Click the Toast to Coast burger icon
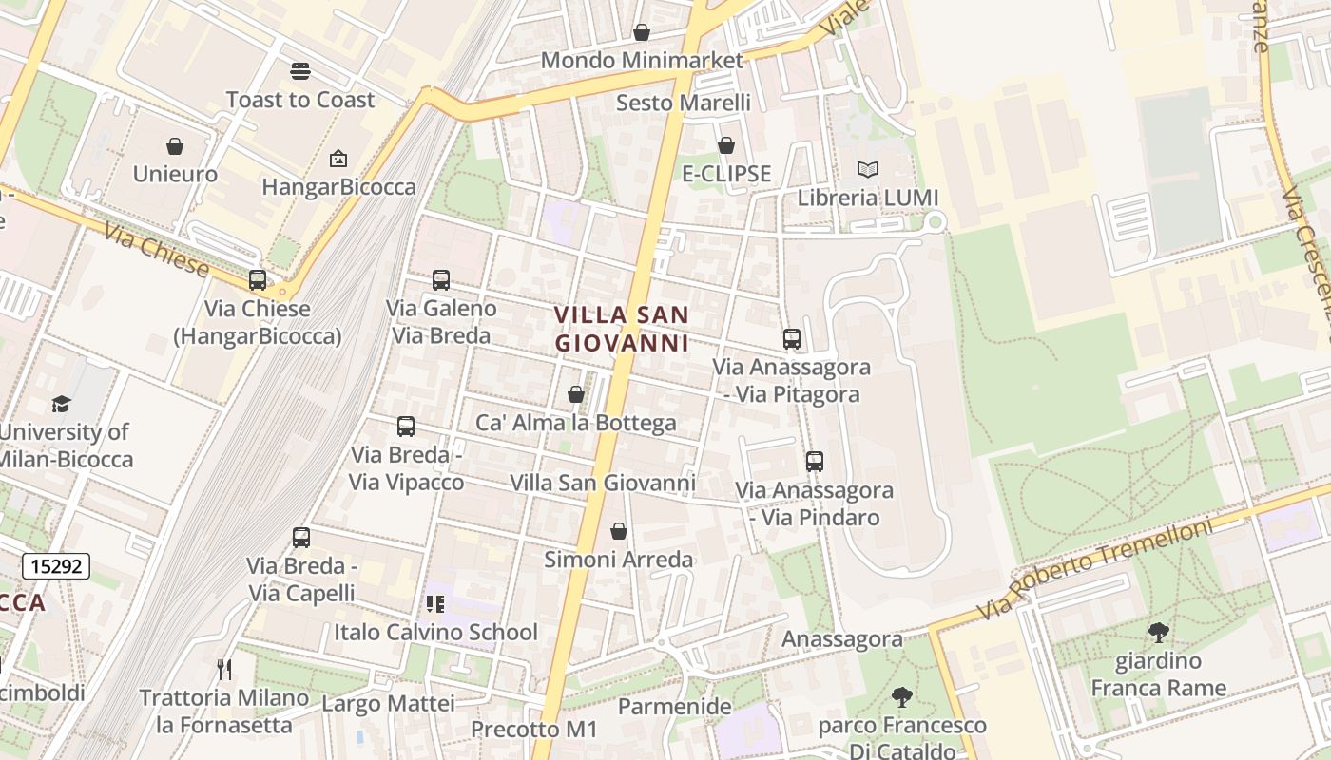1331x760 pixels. click(300, 71)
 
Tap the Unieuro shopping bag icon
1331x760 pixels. click(175, 146)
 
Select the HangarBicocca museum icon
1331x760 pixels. click(338, 159)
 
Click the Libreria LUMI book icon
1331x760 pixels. click(867, 169)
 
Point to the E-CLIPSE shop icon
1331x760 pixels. click(726, 145)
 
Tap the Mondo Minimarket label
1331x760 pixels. click(642, 61)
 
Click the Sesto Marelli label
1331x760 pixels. click(683, 103)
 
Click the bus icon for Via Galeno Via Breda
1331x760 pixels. click(441, 280)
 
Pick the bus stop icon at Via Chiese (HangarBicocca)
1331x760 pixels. click(257, 280)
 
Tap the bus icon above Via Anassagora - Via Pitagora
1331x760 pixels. click(791, 338)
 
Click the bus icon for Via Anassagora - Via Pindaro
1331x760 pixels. click(814, 462)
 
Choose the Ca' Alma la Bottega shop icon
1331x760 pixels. click(576, 394)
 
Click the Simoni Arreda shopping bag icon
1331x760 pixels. click(618, 531)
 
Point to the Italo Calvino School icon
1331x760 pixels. click(435, 604)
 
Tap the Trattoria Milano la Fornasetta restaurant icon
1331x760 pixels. click(224, 670)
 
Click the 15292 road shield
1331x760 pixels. click(56, 567)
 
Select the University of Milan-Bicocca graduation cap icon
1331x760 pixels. click(62, 404)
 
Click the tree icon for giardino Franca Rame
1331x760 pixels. click(1158, 632)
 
